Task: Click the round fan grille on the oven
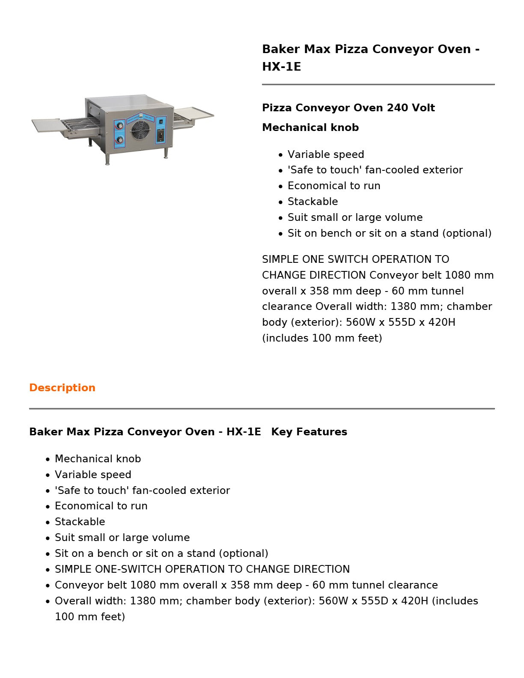pos(141,130)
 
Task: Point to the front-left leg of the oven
pos(107,160)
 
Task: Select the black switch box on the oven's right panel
pos(161,136)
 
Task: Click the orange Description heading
pos(62,388)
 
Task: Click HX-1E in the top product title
pos(281,67)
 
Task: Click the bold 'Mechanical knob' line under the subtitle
pos(310,128)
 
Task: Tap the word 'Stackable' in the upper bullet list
pos(313,202)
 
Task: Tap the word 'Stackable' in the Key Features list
pos(80,522)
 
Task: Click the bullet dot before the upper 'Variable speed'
pos(280,155)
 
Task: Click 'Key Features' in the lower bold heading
pos(309,432)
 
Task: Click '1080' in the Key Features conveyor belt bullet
pos(143,585)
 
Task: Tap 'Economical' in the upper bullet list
pos(315,186)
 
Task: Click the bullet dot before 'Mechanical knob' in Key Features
pos(48,460)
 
